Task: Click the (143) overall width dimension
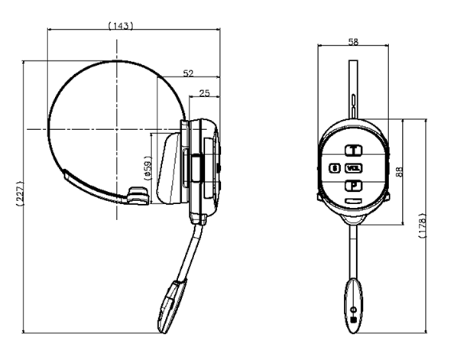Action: pyautogui.click(x=121, y=26)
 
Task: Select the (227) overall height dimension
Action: pyautogui.click(x=20, y=193)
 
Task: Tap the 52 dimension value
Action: pyautogui.click(x=188, y=73)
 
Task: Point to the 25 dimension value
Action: pyautogui.click(x=204, y=93)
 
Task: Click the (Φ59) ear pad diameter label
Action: pyautogui.click(x=148, y=168)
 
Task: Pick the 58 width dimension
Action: pyautogui.click(x=353, y=42)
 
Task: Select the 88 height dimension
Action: pyautogui.click(x=399, y=171)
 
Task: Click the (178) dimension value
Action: pyautogui.click(x=423, y=225)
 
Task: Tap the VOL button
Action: pyautogui.click(x=354, y=168)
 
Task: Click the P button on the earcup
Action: pyautogui.click(x=354, y=186)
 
